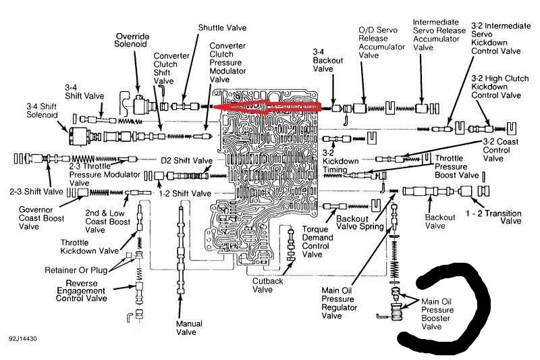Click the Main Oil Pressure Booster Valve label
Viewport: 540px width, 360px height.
tap(440, 313)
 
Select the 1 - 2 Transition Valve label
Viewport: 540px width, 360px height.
tap(494, 216)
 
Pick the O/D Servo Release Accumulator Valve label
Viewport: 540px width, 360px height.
tap(373, 43)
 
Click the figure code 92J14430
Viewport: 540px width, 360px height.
tap(24, 337)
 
